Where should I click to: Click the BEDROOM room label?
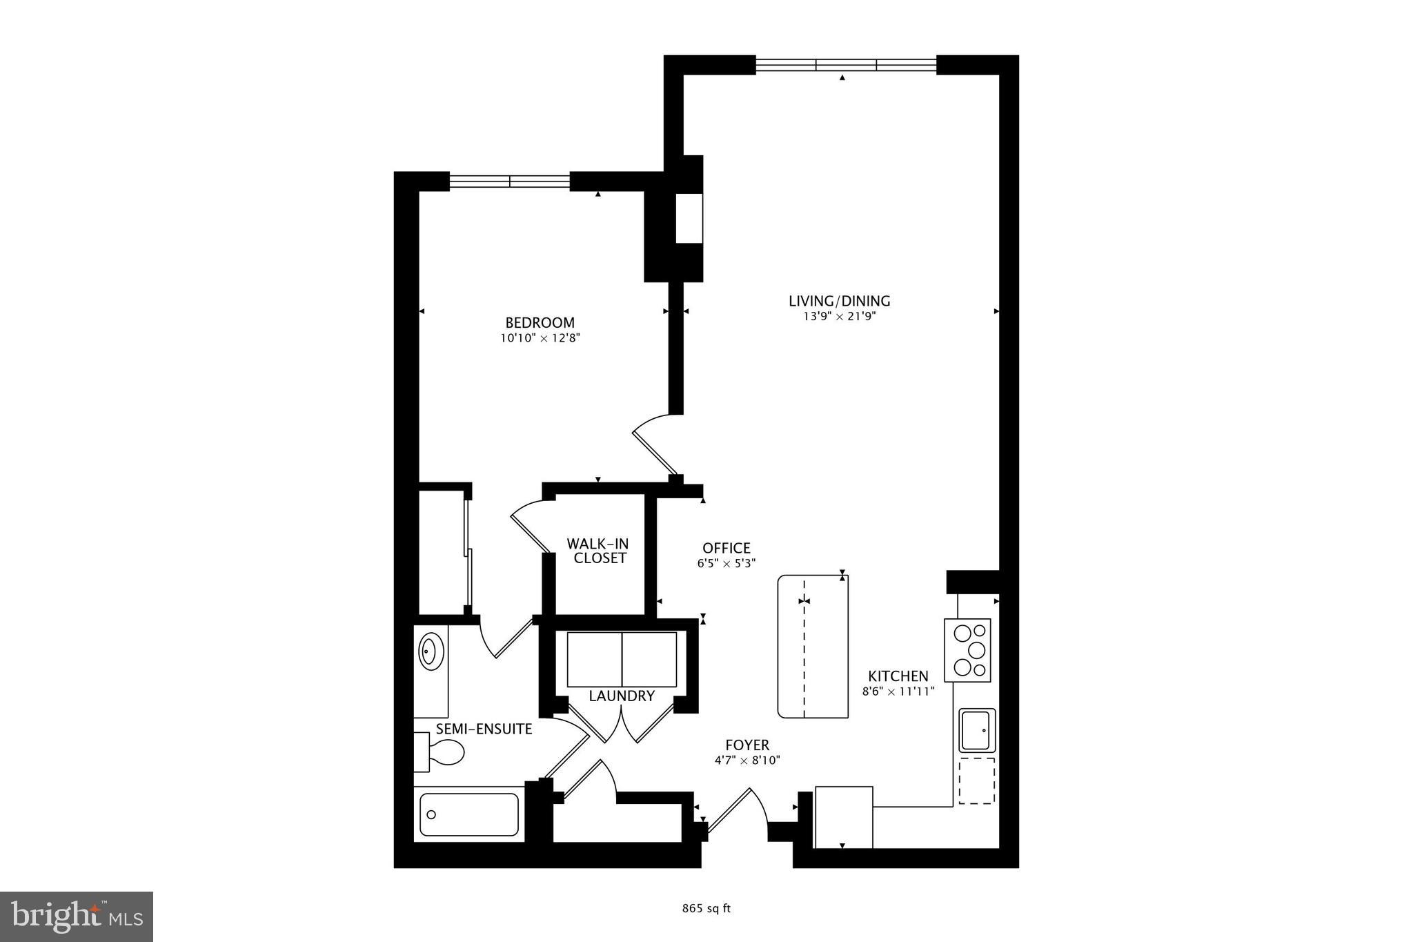click(x=540, y=322)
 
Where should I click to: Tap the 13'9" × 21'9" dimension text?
click(x=839, y=317)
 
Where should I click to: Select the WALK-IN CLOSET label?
click(x=598, y=551)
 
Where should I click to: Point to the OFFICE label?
click(x=727, y=548)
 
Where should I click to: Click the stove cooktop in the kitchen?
click(x=967, y=650)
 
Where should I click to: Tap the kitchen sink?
click(x=976, y=730)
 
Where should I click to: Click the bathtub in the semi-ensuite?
click(x=469, y=814)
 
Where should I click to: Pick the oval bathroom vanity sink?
click(x=431, y=650)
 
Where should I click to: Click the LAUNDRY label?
click(x=621, y=696)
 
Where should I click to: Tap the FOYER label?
click(x=747, y=745)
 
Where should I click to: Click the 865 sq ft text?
click(x=706, y=908)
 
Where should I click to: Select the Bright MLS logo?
click(x=77, y=916)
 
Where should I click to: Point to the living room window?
click(x=846, y=65)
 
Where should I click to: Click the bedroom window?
click(x=509, y=181)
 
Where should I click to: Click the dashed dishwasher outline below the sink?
click(x=977, y=781)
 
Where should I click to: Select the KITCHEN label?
click(x=898, y=676)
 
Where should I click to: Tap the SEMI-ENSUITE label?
click(x=484, y=729)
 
